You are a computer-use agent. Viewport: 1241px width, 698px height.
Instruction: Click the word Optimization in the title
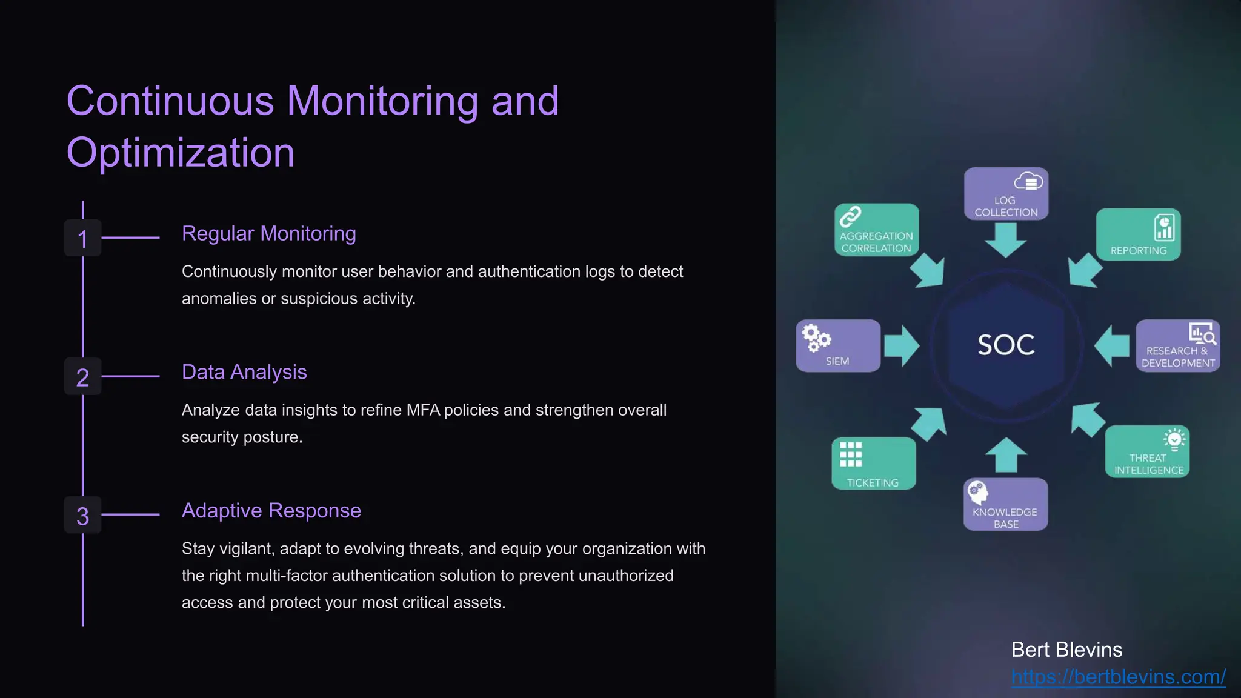[x=181, y=153]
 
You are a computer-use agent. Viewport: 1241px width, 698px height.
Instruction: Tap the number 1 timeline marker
[x=83, y=238]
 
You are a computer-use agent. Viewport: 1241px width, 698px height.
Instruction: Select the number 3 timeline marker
[x=83, y=516]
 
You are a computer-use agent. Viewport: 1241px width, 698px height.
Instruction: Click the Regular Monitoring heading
[x=268, y=233]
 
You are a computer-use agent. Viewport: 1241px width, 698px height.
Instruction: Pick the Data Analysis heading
[x=244, y=372]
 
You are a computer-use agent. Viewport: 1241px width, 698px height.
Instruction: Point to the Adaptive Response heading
[x=271, y=511]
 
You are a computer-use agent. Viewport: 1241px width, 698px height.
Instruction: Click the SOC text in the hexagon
[x=1006, y=345]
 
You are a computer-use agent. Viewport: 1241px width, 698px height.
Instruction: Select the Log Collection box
[x=1006, y=194]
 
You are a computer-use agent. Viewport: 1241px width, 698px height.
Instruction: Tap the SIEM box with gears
[x=838, y=345]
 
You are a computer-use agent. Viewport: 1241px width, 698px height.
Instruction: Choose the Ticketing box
[x=873, y=464]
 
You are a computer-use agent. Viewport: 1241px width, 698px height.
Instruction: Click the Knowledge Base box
[x=1005, y=505]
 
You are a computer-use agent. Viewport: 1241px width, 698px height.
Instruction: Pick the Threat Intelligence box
[x=1147, y=452]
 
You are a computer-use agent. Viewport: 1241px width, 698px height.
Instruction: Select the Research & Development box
[x=1177, y=345]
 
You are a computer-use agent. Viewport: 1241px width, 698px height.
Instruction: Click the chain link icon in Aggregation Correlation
[x=850, y=216]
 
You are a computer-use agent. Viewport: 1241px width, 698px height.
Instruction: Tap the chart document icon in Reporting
[x=1163, y=228]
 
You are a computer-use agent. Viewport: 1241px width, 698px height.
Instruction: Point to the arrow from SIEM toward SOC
[x=902, y=345]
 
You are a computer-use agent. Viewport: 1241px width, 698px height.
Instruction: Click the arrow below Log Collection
[x=1006, y=239]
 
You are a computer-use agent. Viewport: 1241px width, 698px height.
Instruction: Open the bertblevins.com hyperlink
[x=1118, y=677]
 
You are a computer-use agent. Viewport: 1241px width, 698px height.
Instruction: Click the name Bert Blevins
[x=1066, y=650]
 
